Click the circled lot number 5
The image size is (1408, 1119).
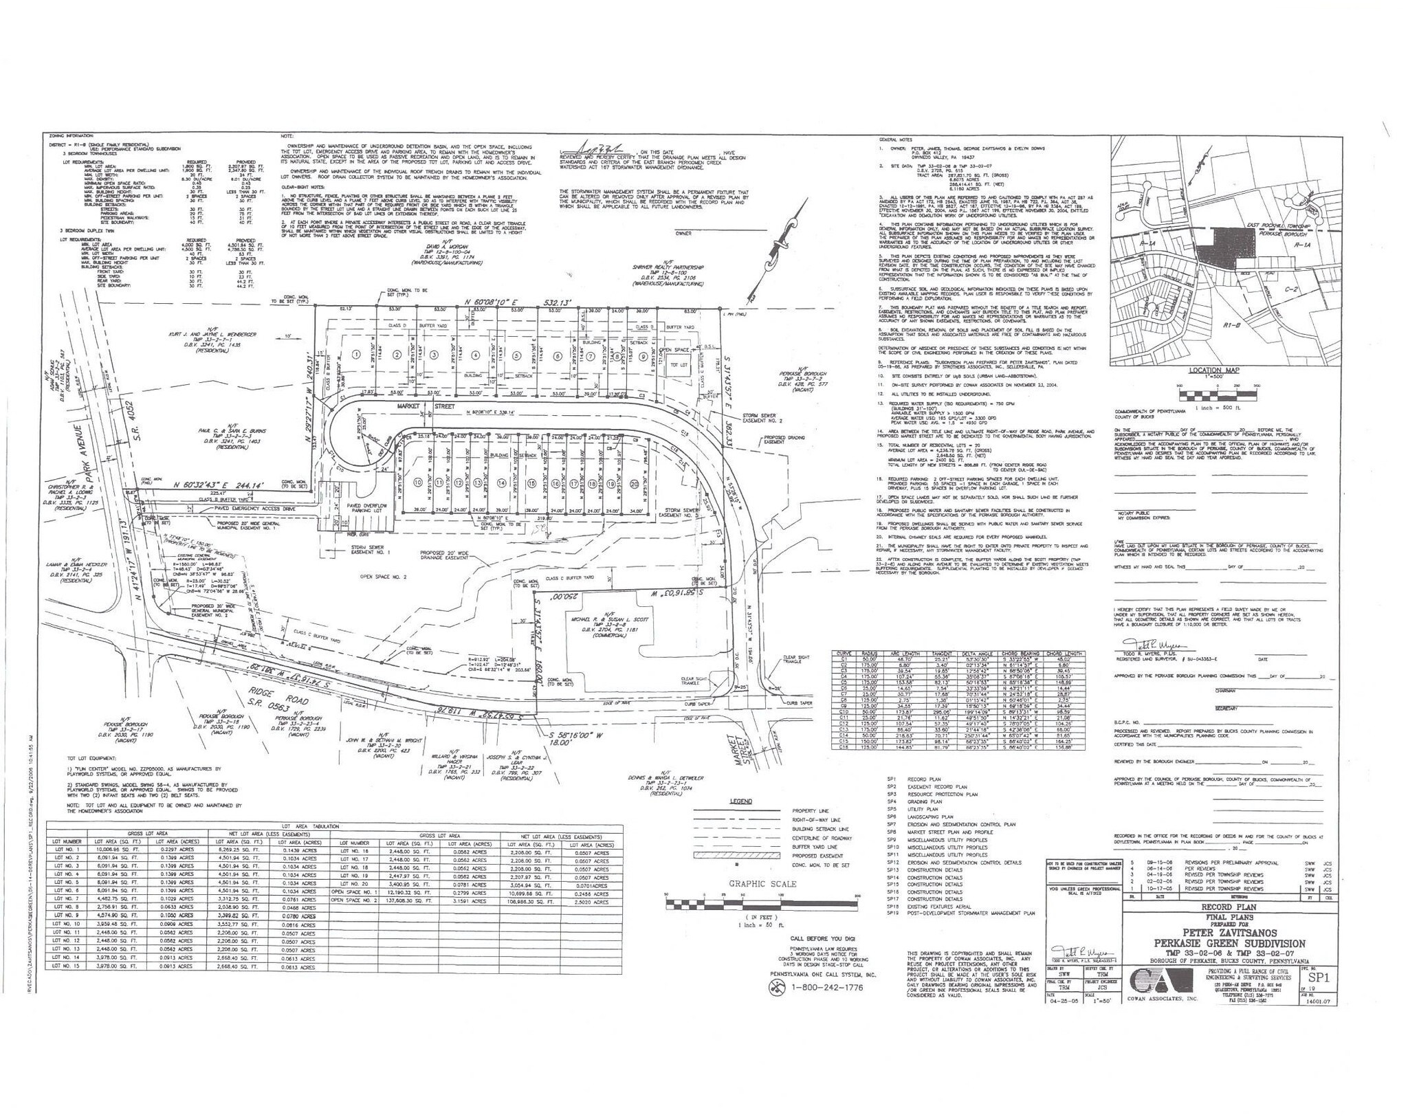click(515, 355)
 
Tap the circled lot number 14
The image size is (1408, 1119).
click(501, 483)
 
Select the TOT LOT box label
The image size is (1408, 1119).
click(679, 364)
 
